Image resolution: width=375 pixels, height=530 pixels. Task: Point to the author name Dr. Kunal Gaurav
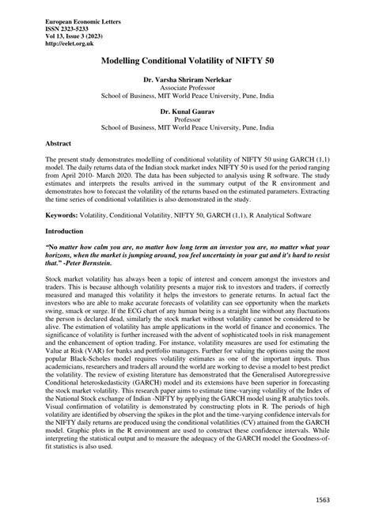pyautogui.click(x=187, y=112)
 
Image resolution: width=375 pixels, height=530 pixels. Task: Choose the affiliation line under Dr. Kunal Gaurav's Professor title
pyautogui.click(x=187, y=127)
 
